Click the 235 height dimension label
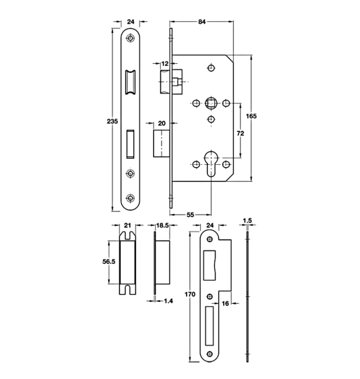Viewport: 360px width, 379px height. pos(103,121)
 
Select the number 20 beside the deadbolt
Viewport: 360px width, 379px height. pos(161,124)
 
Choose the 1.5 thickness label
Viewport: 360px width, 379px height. pos(248,220)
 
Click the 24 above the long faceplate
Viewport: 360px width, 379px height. pos(131,22)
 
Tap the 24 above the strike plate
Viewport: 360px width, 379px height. pos(211,225)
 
